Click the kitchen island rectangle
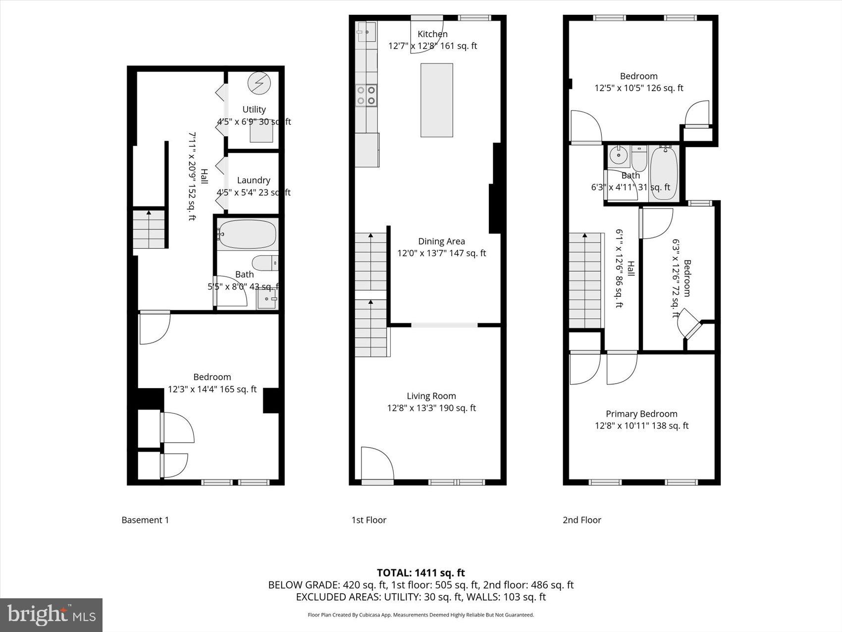[x=436, y=100]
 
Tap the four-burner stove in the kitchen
[x=367, y=95]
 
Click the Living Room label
[x=431, y=396]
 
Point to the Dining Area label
[x=441, y=241]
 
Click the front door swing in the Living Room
[x=376, y=464]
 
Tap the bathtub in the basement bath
[x=247, y=235]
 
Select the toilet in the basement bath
[x=265, y=262]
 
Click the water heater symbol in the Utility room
[x=258, y=83]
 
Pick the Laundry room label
[x=253, y=180]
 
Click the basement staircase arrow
[x=149, y=229]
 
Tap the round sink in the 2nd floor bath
[x=618, y=156]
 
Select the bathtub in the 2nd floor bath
[x=664, y=173]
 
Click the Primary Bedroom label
[x=641, y=414]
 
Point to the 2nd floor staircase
[x=584, y=280]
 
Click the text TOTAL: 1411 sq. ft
[x=421, y=573]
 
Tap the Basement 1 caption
[x=145, y=520]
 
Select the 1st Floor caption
[x=368, y=520]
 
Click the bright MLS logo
[x=51, y=615]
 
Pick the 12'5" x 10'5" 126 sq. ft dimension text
[x=638, y=88]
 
